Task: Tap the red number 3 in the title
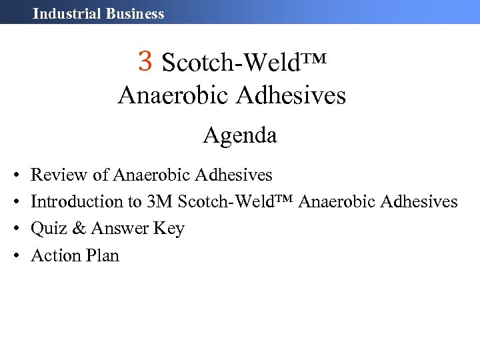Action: click(x=146, y=61)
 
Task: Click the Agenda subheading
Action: click(x=240, y=136)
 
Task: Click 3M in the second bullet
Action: click(x=160, y=201)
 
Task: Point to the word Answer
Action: click(x=120, y=229)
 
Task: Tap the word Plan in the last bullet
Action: click(x=103, y=255)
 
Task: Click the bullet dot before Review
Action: click(x=15, y=176)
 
